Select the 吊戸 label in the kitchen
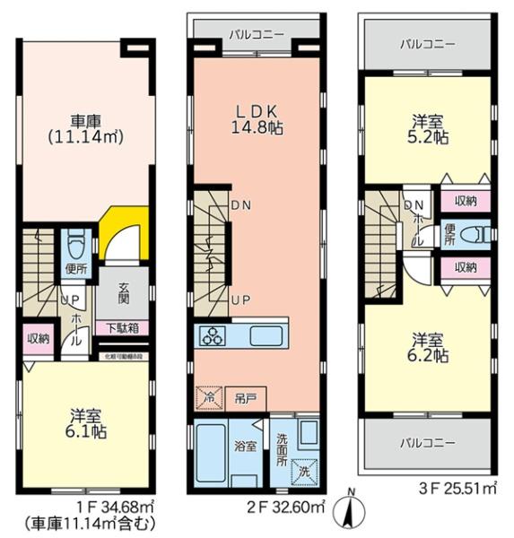tap(243, 396)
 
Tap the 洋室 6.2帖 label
tap(428, 348)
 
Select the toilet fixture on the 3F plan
tap(478, 235)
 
